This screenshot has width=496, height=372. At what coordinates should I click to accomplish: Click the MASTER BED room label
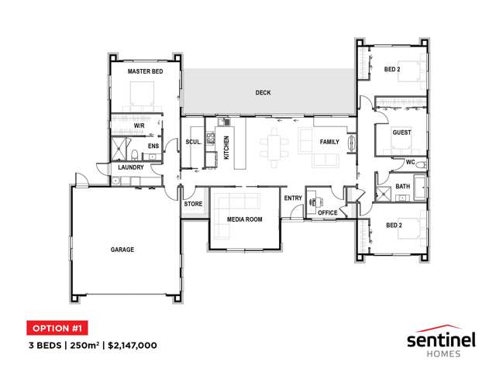pyautogui.click(x=145, y=71)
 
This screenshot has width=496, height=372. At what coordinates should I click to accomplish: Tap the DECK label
pyautogui.click(x=263, y=93)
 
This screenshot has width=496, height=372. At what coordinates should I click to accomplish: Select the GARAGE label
pyautogui.click(x=122, y=250)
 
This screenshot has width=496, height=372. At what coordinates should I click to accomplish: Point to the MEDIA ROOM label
pyautogui.click(x=245, y=219)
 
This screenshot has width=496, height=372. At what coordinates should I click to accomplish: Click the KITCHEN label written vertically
pyautogui.click(x=226, y=148)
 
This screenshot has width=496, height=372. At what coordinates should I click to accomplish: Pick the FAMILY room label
pyautogui.click(x=329, y=142)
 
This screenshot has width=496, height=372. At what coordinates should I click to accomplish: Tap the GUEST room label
pyautogui.click(x=401, y=133)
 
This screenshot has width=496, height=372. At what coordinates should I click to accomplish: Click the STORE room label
pyautogui.click(x=193, y=204)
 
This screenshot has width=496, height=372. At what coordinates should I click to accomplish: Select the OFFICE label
pyautogui.click(x=327, y=213)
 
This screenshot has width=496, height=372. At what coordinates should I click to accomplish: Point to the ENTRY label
pyautogui.click(x=293, y=198)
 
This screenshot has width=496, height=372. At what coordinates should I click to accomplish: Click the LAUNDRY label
pyautogui.click(x=131, y=167)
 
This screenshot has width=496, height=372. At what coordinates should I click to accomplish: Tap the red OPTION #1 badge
pyautogui.click(x=57, y=328)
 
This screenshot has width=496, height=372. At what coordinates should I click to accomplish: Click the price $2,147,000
pyautogui.click(x=133, y=345)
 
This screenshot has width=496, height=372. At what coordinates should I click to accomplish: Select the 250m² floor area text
pyautogui.click(x=84, y=345)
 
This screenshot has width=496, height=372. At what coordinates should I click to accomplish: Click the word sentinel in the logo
pyautogui.click(x=441, y=340)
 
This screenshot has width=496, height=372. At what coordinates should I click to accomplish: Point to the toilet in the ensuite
pyautogui.click(x=134, y=155)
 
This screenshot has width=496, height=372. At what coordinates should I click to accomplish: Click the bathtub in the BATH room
pyautogui.click(x=420, y=188)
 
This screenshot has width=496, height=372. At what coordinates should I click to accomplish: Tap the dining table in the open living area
pyautogui.click(x=274, y=147)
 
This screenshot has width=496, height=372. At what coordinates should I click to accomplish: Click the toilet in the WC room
pyautogui.click(x=422, y=165)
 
